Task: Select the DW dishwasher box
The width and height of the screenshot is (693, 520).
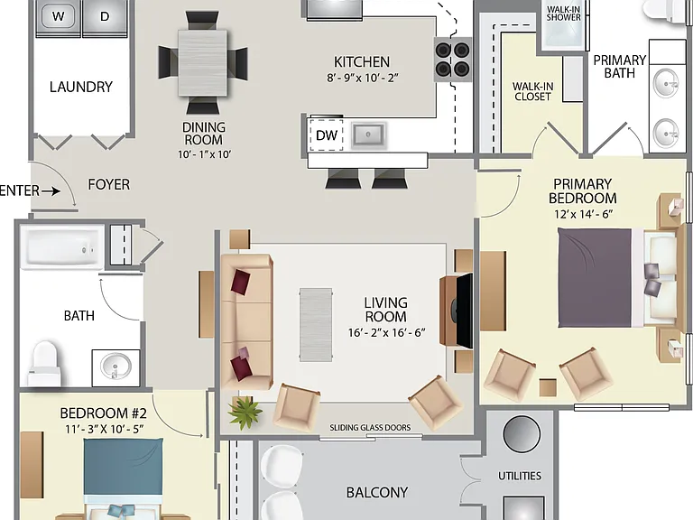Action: pos(326,135)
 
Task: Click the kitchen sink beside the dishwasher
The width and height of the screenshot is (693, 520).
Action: pos(368,135)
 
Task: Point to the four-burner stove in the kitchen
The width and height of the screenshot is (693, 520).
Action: pos(452,60)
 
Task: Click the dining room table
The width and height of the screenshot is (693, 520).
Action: pos(203,62)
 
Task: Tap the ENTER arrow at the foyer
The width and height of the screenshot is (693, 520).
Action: pos(51,191)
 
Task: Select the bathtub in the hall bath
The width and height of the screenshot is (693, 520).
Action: pos(62,247)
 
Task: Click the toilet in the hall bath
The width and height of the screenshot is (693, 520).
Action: pos(44,364)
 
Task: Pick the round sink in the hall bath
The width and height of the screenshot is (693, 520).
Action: pos(115,367)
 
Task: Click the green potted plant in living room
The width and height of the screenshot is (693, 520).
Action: pos(245,413)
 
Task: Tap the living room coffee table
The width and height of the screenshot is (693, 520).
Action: pos(316,325)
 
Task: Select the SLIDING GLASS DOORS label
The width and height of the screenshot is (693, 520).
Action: pos(370,428)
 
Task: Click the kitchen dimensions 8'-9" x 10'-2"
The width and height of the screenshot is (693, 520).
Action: pos(363,78)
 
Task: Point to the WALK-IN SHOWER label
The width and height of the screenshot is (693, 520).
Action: pos(563,14)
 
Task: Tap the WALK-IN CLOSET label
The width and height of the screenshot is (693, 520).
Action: pos(532,91)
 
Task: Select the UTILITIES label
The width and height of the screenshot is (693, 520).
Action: pos(520,476)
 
